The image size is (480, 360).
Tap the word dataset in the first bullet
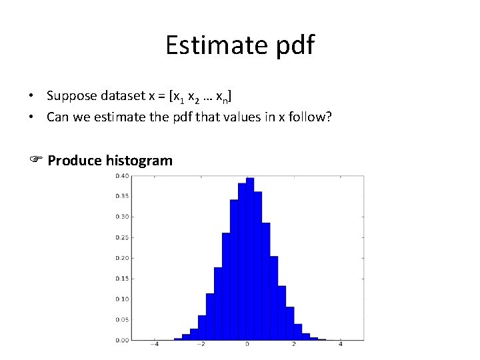tap(122, 97)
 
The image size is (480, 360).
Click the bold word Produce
tap(75, 161)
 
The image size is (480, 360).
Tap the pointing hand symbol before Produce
tap(36, 161)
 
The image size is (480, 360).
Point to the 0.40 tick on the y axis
tap(123, 176)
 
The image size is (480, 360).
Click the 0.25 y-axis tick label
tap(123, 237)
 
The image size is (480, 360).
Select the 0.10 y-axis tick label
tap(123, 299)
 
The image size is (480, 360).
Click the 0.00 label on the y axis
tap(123, 340)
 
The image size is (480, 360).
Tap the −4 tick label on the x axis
tap(154, 345)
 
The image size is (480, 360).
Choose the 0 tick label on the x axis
tap(247, 345)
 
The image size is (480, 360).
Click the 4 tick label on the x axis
tap(341, 345)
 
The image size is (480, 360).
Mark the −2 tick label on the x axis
tap(201, 345)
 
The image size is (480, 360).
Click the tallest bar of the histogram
tap(250, 260)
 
